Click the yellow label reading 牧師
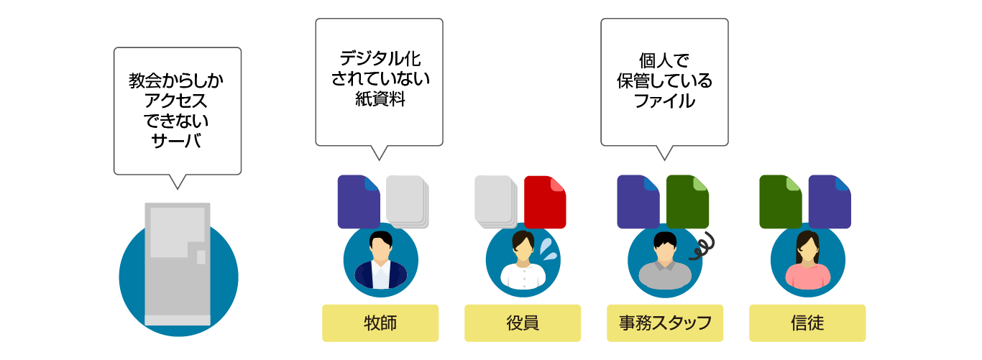click(x=380, y=323)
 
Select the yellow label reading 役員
click(x=523, y=323)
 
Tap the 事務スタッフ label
click(x=665, y=323)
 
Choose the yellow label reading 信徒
click(x=807, y=323)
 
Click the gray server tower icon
click(x=178, y=264)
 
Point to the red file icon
click(x=545, y=202)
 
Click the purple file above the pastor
click(x=359, y=201)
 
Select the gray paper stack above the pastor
click(x=408, y=202)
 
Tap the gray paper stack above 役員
click(x=496, y=202)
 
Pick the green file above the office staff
click(x=687, y=202)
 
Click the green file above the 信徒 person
click(x=780, y=202)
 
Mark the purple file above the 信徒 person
click(x=830, y=202)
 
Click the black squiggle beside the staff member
click(x=702, y=246)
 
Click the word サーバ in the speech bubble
click(x=176, y=141)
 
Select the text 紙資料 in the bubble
click(x=380, y=99)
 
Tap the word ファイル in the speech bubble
click(x=664, y=101)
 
